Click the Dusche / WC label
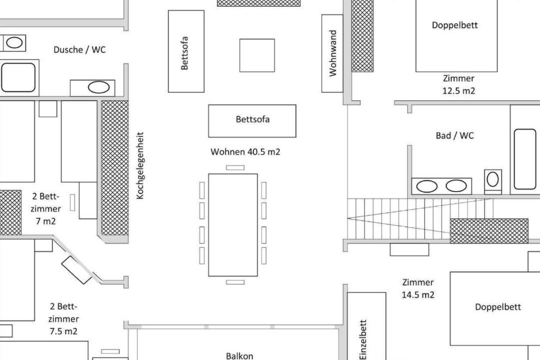pyautogui.click(x=79, y=49)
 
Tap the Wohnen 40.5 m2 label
pyautogui.click(x=245, y=151)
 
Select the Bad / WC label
pyautogui.click(x=454, y=135)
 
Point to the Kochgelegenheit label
pyautogui.click(x=140, y=165)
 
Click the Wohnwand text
pyautogui.click(x=332, y=53)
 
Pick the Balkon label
pyautogui.click(x=239, y=356)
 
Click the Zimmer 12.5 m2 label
pyautogui.click(x=458, y=84)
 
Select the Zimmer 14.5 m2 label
pyautogui.click(x=417, y=288)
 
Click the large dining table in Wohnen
pyautogui.click(x=233, y=225)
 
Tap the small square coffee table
pyautogui.click(x=257, y=55)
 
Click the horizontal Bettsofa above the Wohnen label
pyautogui.click(x=252, y=121)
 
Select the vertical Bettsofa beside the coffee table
pyautogui.click(x=186, y=51)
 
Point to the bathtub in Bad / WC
pyautogui.click(x=525, y=159)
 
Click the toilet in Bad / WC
pyautogui.click(x=493, y=181)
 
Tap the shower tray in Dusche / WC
pyautogui.click(x=18, y=77)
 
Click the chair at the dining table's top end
pyautogui.click(x=235, y=168)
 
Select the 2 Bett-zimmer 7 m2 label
pyautogui.click(x=46, y=209)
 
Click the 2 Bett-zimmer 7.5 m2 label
pyautogui.click(x=63, y=319)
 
